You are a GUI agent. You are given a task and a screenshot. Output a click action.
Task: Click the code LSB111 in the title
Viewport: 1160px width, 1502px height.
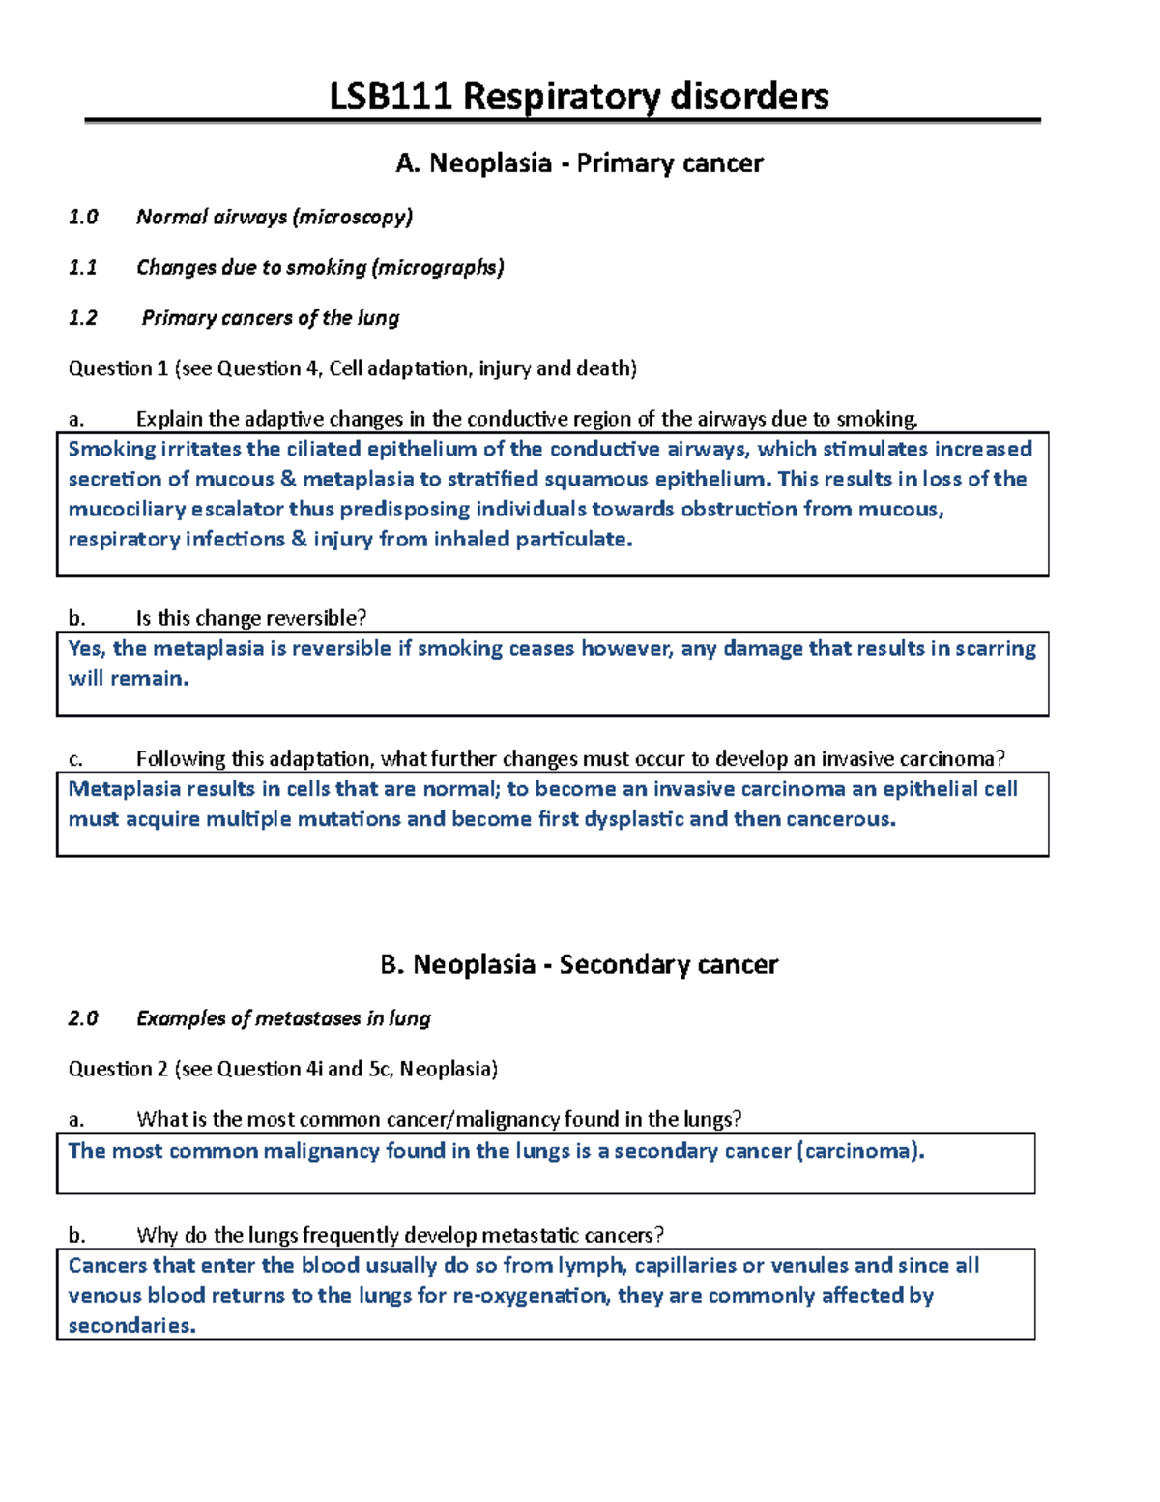[x=391, y=97]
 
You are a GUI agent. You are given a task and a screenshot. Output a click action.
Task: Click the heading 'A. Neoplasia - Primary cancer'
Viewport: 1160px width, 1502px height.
[x=579, y=162]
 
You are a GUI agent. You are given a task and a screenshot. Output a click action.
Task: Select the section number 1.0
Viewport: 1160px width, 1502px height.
[x=83, y=217]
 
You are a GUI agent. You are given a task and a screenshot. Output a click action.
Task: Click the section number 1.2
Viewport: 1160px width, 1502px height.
[x=83, y=318]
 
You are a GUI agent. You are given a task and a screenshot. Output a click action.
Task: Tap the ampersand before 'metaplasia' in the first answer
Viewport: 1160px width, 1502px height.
[x=288, y=479]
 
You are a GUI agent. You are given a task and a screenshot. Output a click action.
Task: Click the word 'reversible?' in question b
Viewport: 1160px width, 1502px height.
[x=318, y=618]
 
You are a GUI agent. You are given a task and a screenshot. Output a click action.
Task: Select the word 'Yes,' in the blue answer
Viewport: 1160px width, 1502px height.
[x=87, y=648]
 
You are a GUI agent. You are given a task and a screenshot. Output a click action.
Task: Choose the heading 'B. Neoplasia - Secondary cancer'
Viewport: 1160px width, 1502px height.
[x=579, y=964]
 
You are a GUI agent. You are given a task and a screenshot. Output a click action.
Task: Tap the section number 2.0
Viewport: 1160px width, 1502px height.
[x=83, y=1018]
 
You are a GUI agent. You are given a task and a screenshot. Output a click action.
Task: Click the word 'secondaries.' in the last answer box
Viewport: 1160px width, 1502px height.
[x=132, y=1326]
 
